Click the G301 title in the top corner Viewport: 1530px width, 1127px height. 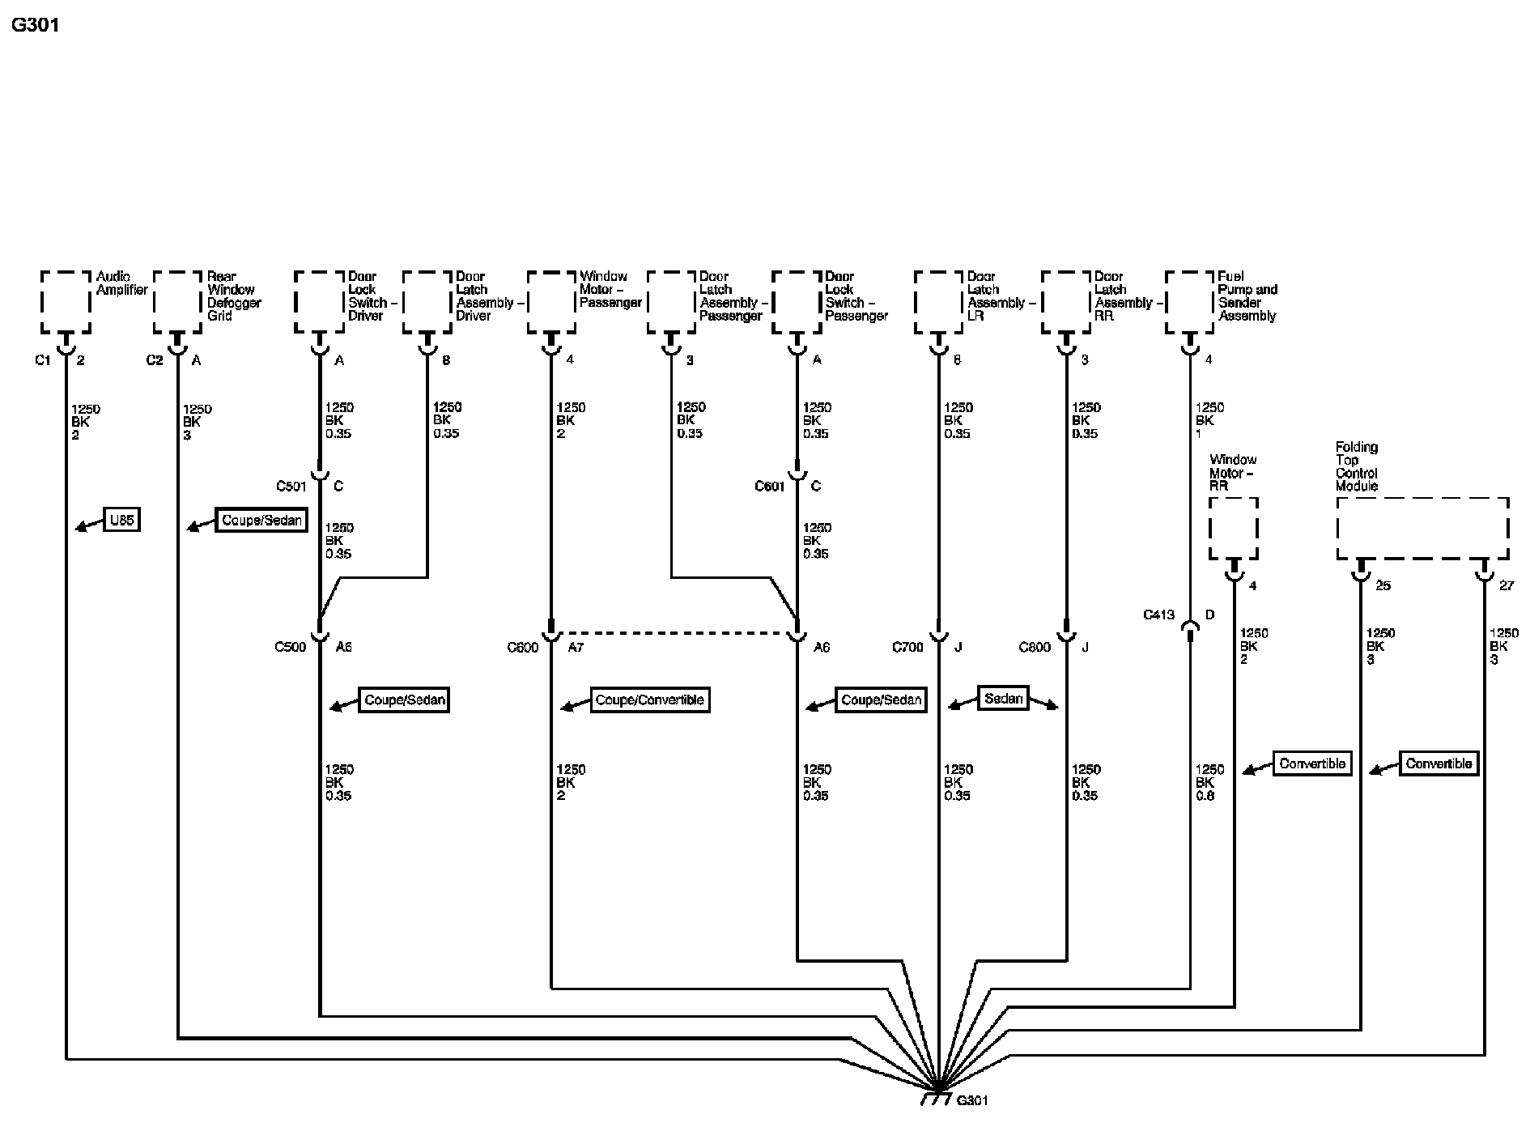point(36,25)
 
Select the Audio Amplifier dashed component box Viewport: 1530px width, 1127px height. point(66,302)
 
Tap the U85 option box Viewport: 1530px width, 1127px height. point(121,520)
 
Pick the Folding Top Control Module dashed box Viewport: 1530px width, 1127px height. point(1422,528)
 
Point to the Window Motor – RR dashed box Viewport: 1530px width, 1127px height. point(1233,528)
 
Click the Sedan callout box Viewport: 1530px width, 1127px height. point(1004,698)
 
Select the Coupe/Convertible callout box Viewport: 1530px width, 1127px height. point(650,700)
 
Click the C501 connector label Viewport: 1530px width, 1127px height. point(291,487)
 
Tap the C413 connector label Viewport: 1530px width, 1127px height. point(1158,615)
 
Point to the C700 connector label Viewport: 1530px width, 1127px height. point(907,647)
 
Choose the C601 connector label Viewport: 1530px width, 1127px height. point(770,487)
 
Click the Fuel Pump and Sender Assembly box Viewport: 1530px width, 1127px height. point(1189,302)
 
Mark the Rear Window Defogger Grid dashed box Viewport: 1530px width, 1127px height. point(177,302)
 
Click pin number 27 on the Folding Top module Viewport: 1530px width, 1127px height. point(1506,585)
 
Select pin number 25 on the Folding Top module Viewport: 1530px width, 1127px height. point(1383,585)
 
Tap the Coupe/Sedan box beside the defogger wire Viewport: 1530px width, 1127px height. point(261,520)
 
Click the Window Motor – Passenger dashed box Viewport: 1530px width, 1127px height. point(551,302)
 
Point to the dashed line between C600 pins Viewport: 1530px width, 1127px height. point(674,632)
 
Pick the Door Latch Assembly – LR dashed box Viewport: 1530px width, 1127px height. point(938,302)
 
